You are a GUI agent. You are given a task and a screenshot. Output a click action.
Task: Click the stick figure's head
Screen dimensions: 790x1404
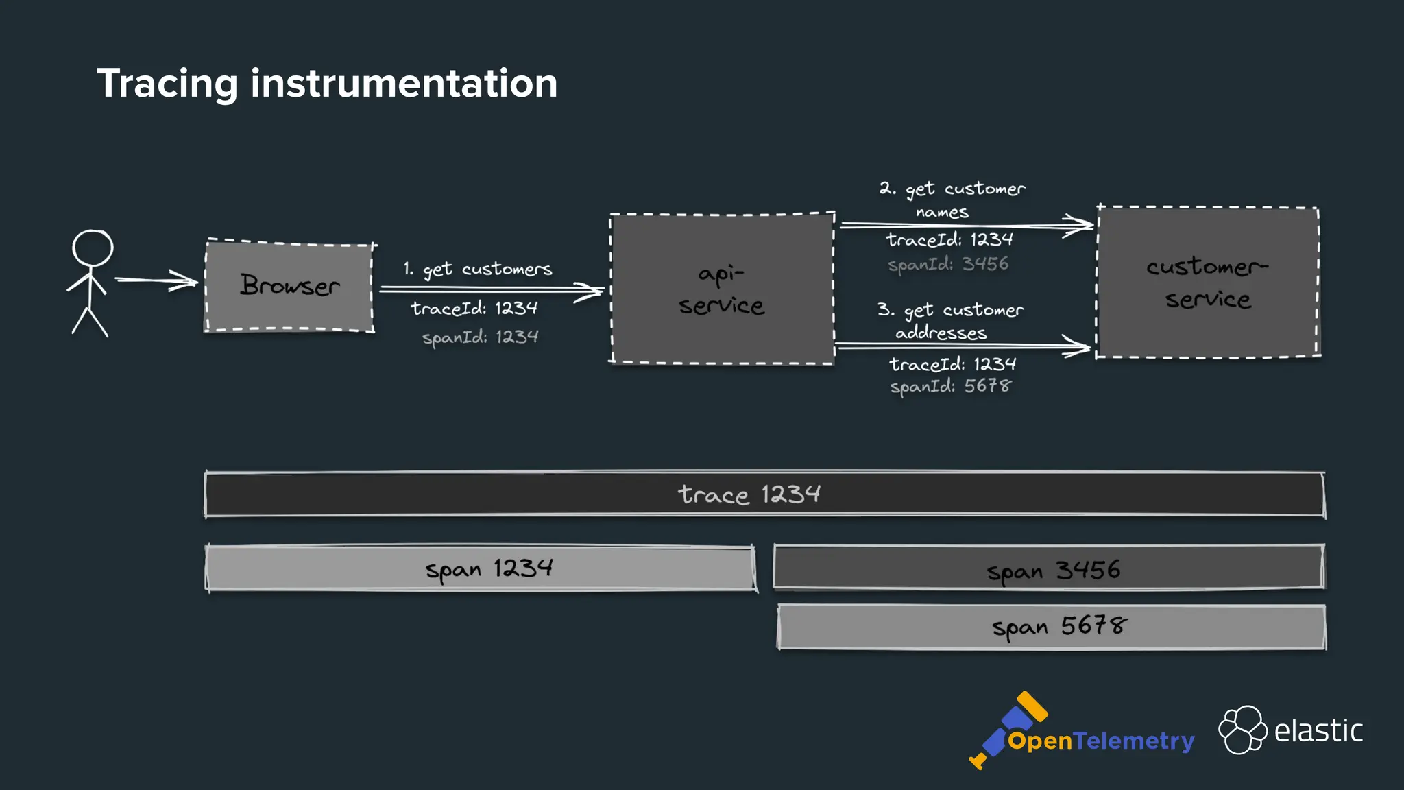[x=93, y=248]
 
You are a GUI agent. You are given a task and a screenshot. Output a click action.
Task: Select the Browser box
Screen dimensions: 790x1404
[x=289, y=286]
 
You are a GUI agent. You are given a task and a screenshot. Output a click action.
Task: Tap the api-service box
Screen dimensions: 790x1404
[x=722, y=289]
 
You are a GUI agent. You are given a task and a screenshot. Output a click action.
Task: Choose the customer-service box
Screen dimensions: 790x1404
[x=1207, y=282]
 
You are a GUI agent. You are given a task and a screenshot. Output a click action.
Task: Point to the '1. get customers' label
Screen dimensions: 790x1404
[x=478, y=269]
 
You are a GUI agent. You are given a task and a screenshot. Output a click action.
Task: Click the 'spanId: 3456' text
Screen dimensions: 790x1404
[x=948, y=264]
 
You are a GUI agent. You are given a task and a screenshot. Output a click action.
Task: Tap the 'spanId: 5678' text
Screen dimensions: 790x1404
[x=950, y=386]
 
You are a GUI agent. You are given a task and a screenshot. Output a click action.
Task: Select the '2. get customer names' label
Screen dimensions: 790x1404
[x=952, y=199]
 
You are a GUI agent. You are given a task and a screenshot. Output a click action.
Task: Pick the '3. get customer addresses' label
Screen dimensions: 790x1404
[x=950, y=320]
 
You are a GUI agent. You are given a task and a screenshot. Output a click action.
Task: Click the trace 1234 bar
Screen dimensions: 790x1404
[x=764, y=494]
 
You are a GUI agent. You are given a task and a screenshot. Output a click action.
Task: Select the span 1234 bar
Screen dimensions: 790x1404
[x=480, y=568]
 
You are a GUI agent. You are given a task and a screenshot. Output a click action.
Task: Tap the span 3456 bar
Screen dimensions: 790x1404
[x=1048, y=567]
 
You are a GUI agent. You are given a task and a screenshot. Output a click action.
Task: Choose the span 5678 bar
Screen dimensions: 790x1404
[x=1051, y=627]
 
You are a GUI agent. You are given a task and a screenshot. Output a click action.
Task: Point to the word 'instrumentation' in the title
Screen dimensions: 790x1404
[x=404, y=84]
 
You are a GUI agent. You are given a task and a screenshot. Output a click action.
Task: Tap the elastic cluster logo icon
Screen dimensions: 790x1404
[x=1242, y=730]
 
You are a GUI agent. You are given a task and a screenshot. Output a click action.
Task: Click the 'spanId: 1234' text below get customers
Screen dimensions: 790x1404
[x=480, y=337]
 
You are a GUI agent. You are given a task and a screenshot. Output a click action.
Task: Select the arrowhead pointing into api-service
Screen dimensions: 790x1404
[x=590, y=291]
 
